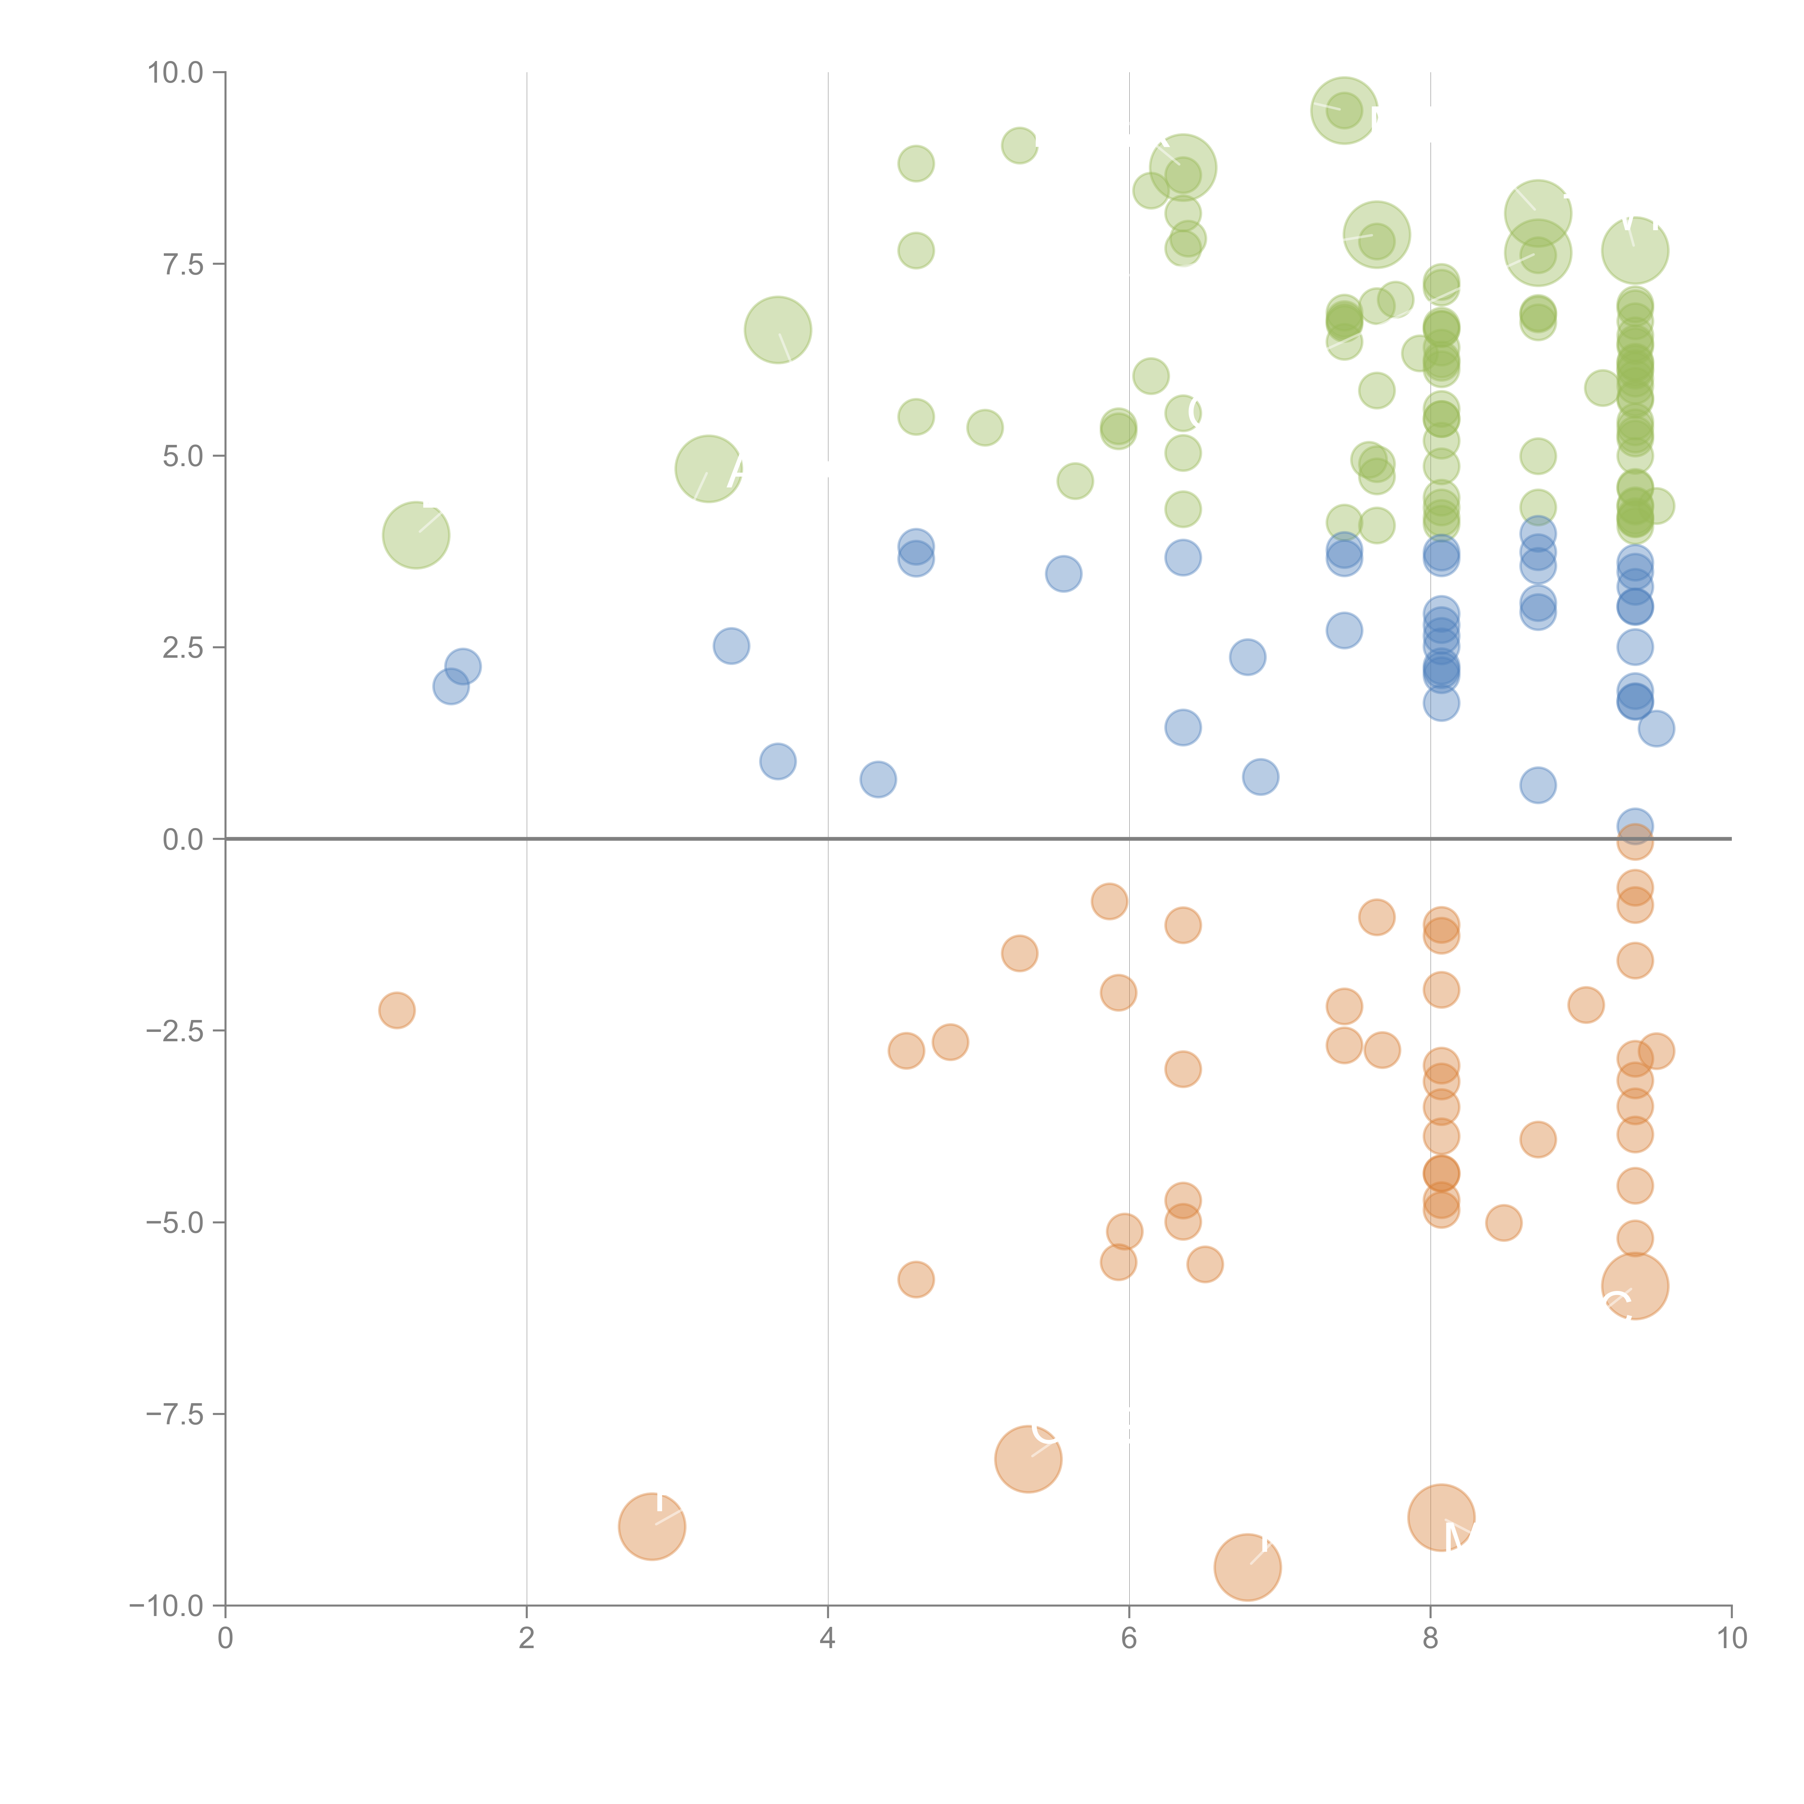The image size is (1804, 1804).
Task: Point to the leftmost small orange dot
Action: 397,1010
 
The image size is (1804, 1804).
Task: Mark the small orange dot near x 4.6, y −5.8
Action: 916,1279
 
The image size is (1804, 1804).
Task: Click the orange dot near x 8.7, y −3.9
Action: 1538,1139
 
